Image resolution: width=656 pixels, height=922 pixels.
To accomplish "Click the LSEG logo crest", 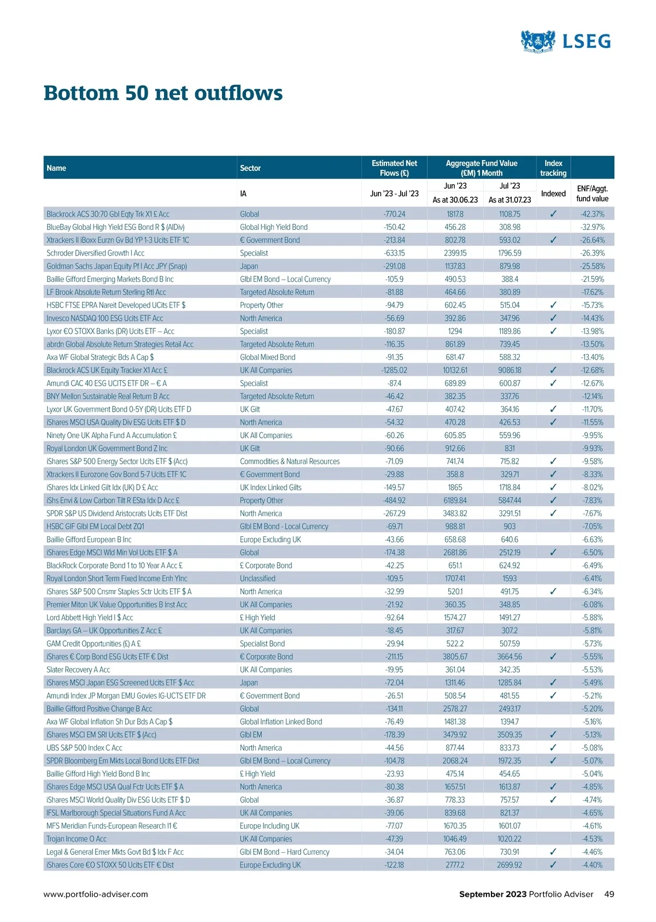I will pos(538,41).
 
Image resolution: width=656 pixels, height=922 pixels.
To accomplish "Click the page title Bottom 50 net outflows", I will pos(163,93).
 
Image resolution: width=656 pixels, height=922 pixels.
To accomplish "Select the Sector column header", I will pos(250,168).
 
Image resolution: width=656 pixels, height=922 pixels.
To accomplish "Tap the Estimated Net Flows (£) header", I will pos(394,168).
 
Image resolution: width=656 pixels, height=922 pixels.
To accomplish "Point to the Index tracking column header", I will pos(553,168).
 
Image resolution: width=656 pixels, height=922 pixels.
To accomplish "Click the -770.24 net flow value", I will pos(394,214).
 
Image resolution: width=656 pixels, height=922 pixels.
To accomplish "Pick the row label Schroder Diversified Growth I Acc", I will pos(96,253).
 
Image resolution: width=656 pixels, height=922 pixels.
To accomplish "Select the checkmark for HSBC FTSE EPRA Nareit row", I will pos(553,305).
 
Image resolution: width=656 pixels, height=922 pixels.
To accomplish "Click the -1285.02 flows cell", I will pos(394,370).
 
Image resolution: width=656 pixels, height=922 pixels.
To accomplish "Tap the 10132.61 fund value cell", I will pos(455,370).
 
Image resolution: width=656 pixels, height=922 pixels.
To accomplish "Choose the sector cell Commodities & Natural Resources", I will pos(290,462).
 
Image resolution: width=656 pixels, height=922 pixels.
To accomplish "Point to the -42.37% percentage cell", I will pos(593,214).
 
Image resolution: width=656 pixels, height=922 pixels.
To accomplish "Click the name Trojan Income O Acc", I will pos(77,839).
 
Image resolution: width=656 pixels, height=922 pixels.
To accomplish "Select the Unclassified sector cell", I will pos(257,578).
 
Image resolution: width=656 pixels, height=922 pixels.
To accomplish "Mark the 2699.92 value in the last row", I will pos(509,865).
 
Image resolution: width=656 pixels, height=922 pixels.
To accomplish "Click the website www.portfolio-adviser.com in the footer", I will pos(96,894).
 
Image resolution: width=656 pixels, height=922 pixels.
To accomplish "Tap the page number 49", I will pos(609,894).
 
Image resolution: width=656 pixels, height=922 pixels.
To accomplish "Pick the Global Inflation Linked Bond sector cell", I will pos(281,722).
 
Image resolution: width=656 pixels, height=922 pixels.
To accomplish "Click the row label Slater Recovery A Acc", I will pos(78,670).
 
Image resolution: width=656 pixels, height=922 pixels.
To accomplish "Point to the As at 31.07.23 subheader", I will pos(509,200).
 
